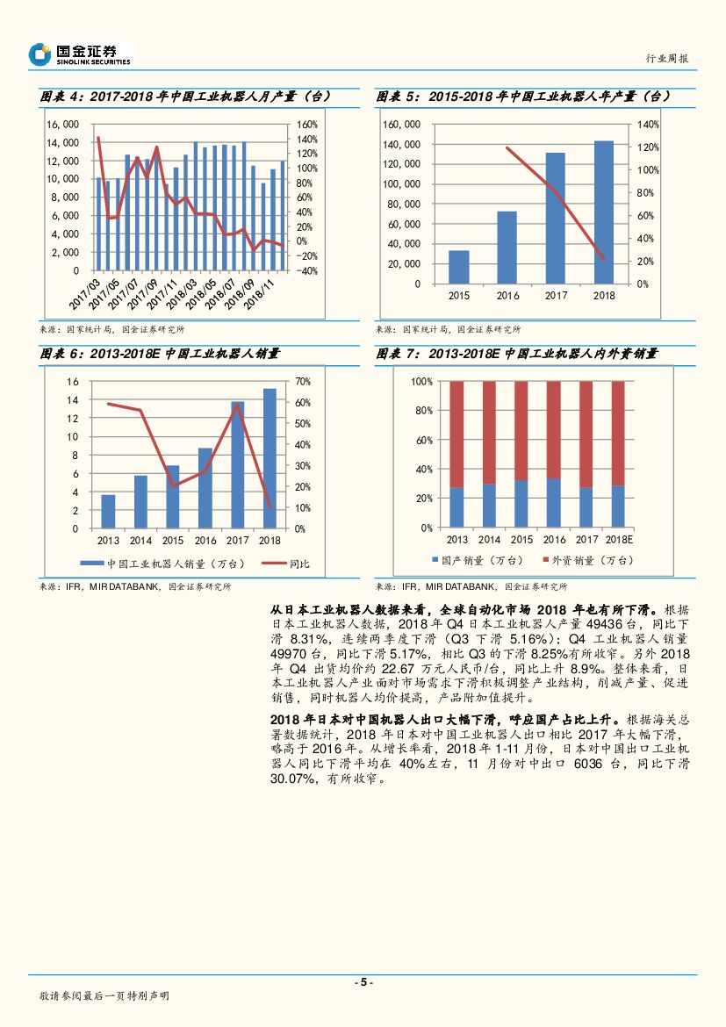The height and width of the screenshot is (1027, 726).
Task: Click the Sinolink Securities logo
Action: point(79,54)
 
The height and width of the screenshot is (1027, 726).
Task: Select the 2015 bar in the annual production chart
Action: point(459,267)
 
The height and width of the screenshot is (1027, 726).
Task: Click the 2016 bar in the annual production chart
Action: point(507,247)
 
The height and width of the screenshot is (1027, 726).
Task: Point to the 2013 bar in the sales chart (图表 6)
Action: point(108,511)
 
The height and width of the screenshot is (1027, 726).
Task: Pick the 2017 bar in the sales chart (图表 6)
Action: point(238,464)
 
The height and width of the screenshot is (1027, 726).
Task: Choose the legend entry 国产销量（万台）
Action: point(475,560)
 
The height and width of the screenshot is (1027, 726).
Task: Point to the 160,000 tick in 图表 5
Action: point(402,125)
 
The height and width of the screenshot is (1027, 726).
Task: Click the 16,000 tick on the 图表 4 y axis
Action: point(62,125)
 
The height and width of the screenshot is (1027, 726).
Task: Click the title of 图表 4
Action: point(184,97)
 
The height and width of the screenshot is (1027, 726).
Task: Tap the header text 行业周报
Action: point(666,58)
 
